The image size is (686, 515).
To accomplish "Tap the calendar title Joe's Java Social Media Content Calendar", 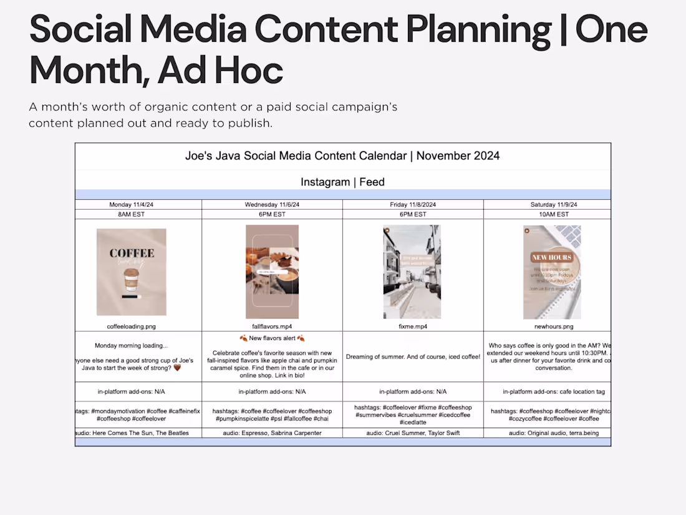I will [342, 156].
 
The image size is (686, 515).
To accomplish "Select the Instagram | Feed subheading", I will [342, 182].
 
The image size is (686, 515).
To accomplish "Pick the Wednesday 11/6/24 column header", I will [271, 205].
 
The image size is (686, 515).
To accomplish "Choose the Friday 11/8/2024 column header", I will [413, 205].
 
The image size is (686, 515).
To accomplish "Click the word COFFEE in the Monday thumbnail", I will [132, 253].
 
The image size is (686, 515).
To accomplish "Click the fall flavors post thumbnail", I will [272, 272].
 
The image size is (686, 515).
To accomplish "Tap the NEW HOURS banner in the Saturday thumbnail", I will [552, 257].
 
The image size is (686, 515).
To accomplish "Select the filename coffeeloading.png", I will [131, 326].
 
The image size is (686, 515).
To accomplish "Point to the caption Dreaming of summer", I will [413, 357].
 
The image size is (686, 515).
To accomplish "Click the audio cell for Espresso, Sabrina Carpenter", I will [271, 433].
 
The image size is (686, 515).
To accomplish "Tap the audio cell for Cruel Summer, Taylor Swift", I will [413, 433].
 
